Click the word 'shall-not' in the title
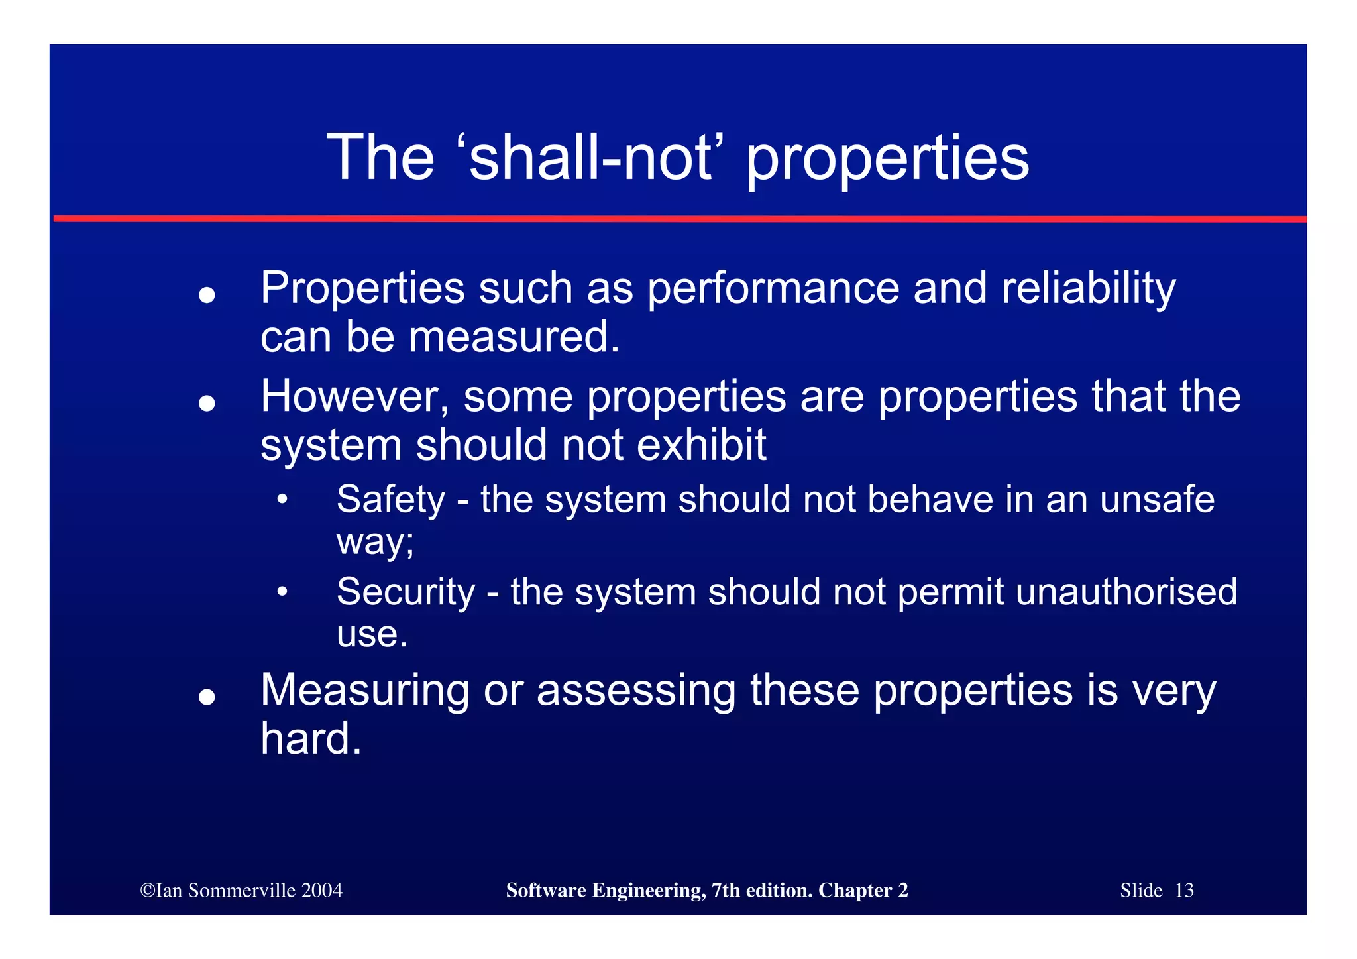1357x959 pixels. [x=591, y=158]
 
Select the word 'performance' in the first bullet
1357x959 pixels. [x=773, y=289]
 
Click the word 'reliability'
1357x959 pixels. [x=1088, y=289]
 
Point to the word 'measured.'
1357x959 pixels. [x=514, y=337]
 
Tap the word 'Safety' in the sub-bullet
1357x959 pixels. [x=390, y=500]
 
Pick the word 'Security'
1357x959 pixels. [x=406, y=592]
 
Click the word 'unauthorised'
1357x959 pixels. [x=1126, y=592]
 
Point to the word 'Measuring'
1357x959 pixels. [x=365, y=691]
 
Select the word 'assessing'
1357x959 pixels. [x=636, y=691]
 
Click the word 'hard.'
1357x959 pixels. [x=311, y=739]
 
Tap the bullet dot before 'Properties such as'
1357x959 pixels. [x=207, y=295]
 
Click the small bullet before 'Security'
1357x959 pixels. [x=282, y=592]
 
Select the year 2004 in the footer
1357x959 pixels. [x=321, y=891]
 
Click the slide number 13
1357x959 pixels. [x=1184, y=891]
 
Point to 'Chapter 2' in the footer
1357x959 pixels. [x=863, y=891]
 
